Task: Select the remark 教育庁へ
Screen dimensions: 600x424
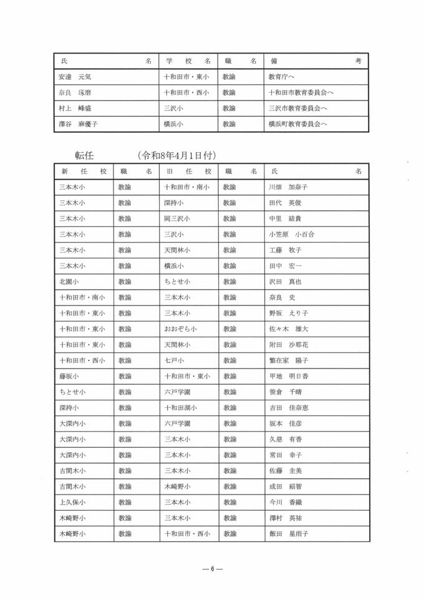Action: (x=281, y=77)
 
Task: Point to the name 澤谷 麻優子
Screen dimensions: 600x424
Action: (x=79, y=124)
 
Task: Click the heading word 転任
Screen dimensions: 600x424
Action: (x=84, y=155)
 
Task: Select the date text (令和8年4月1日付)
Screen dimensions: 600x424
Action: (x=178, y=155)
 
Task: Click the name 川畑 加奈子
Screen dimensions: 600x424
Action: (x=287, y=187)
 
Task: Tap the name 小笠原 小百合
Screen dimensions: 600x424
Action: (x=291, y=235)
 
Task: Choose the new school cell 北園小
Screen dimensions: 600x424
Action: (x=68, y=282)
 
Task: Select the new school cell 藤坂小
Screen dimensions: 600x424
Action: (x=68, y=376)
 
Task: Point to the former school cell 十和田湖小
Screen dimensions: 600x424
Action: (x=181, y=408)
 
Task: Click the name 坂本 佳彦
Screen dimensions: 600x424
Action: (x=284, y=423)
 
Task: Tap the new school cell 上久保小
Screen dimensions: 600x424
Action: (x=72, y=502)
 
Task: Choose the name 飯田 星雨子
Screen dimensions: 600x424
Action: (x=288, y=534)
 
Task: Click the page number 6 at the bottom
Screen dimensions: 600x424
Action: (x=212, y=569)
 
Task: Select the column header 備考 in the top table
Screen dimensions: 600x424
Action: (x=316, y=61)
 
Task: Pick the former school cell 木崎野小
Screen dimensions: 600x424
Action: (x=177, y=486)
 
